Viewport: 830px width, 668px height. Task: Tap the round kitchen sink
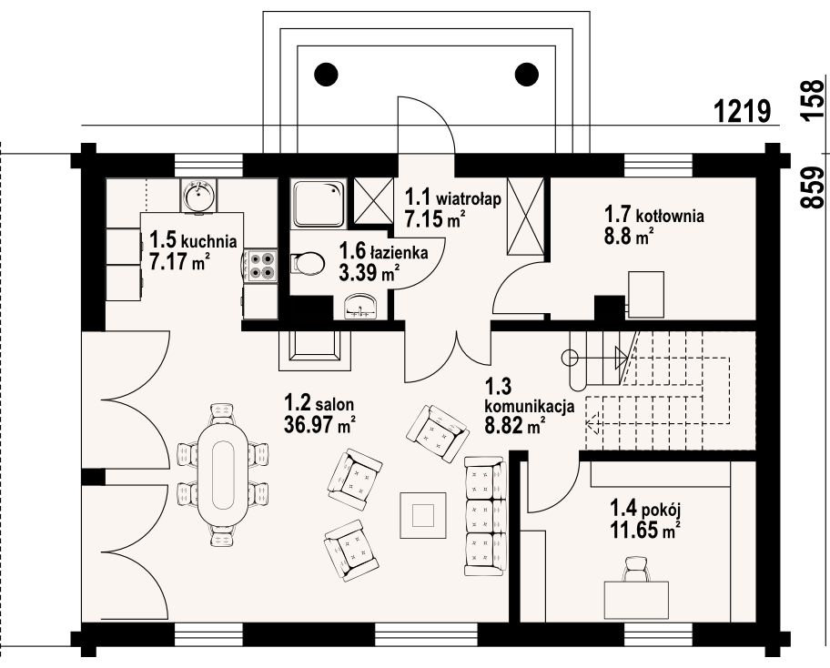(198, 195)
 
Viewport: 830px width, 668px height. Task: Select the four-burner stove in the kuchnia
(262, 265)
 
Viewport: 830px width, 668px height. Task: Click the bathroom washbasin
(361, 307)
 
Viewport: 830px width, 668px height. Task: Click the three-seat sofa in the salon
(484, 515)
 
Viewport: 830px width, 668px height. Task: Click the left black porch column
(326, 75)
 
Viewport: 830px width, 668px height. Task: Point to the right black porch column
(527, 75)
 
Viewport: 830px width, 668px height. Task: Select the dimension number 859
(812, 187)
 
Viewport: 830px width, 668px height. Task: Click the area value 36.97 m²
(319, 424)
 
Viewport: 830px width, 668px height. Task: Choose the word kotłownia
(670, 216)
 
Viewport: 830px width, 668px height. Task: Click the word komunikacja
(530, 407)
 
